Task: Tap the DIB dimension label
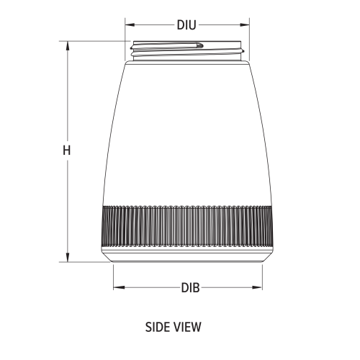tap(190, 287)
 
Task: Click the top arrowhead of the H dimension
tap(68, 45)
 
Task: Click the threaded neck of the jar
tap(186, 50)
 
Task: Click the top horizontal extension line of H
tap(94, 41)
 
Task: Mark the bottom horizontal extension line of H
tap(86, 263)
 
